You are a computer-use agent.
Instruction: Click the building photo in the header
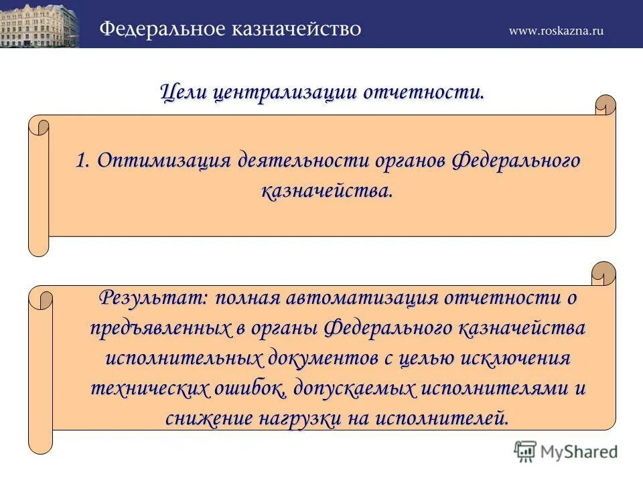point(40,24)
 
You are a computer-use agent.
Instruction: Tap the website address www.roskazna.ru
point(556,30)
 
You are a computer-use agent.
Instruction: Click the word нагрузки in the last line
point(301,418)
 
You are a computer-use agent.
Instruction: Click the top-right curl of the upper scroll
point(605,106)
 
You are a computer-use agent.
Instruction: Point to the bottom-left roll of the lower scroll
point(40,438)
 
